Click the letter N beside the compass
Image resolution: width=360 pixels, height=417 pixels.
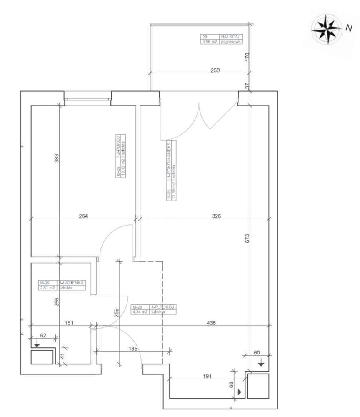tap(347, 28)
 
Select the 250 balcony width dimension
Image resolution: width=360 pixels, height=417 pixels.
tap(215, 70)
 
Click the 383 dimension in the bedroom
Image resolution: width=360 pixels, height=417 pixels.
tap(57, 158)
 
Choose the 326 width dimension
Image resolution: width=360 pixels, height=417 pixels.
tap(216, 216)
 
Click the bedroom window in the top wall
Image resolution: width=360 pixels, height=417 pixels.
tap(87, 99)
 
